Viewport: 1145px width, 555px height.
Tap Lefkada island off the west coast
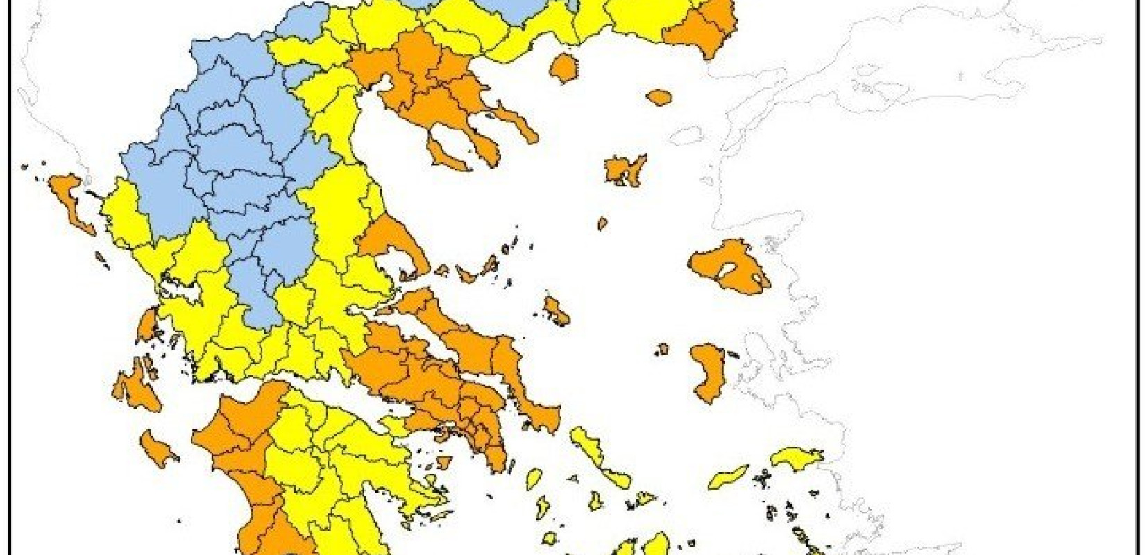[x=147, y=325]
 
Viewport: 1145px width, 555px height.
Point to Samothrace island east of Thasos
[x=659, y=97]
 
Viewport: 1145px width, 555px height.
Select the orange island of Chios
[x=709, y=371]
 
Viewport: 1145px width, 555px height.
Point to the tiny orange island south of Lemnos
[x=602, y=223]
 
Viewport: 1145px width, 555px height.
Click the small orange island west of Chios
[x=662, y=349]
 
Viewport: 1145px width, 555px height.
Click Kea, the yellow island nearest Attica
[x=534, y=479]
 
